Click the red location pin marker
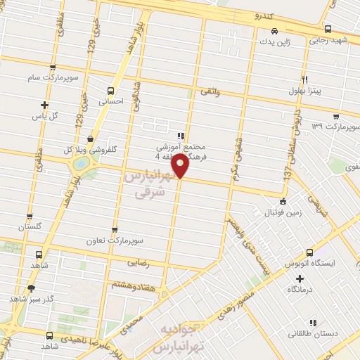[180, 166]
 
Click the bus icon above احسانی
[110, 91]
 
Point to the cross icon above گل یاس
[44, 105]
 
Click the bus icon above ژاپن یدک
[274, 31]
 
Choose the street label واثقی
[210, 91]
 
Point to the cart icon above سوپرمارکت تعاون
[115, 229]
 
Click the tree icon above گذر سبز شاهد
[31, 288]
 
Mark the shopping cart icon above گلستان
[30, 217]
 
